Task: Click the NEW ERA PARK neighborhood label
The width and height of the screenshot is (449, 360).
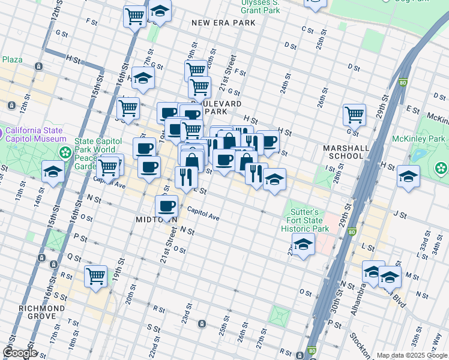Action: (x=223, y=23)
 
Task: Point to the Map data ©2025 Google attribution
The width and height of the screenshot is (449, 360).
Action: (x=411, y=355)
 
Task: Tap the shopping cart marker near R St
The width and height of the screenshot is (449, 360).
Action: (x=96, y=276)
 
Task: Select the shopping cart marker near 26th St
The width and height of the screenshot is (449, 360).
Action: (x=355, y=113)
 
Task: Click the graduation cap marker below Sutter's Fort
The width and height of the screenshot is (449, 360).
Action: (x=303, y=244)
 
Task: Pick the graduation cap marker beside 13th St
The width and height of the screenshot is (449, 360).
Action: (x=53, y=172)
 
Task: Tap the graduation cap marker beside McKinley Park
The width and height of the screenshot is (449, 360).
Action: (x=408, y=176)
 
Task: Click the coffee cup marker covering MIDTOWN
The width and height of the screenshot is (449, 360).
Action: (x=166, y=206)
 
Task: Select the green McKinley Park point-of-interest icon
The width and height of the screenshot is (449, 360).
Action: (x=442, y=167)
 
